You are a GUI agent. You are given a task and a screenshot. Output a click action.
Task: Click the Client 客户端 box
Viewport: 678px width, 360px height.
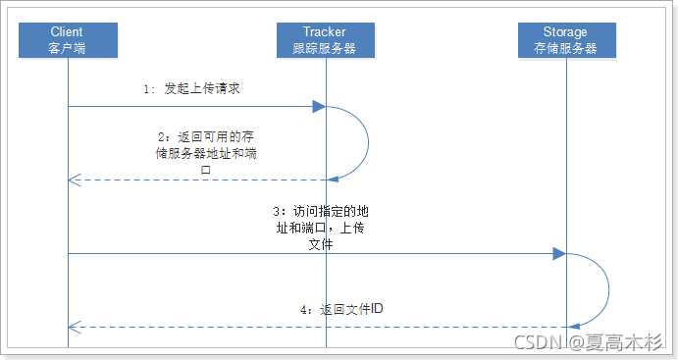pos(68,39)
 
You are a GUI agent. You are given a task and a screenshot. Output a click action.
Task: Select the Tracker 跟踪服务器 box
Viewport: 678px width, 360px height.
pos(325,39)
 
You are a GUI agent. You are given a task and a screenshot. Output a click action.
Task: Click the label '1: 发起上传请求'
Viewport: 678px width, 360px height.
pos(192,88)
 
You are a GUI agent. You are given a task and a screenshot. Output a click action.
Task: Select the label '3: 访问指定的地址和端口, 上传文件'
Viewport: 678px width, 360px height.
pos(321,228)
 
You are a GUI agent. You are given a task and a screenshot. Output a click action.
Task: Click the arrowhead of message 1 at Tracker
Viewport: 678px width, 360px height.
pos(319,106)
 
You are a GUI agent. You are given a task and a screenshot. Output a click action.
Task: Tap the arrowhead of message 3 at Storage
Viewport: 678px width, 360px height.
pos(559,254)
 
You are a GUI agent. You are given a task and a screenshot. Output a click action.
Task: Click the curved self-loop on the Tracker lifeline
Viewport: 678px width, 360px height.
pos(367,142)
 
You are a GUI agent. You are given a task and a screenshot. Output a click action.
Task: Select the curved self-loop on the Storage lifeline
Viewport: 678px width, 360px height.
pos(609,289)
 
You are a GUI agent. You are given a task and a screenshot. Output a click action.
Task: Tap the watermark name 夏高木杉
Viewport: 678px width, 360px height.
pos(628,341)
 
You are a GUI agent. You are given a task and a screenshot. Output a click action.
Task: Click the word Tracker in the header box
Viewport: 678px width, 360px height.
pos(325,32)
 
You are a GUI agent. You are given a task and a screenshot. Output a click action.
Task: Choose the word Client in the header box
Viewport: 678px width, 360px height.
pos(68,32)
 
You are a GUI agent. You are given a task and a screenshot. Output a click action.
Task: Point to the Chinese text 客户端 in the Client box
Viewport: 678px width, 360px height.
pos(68,47)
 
